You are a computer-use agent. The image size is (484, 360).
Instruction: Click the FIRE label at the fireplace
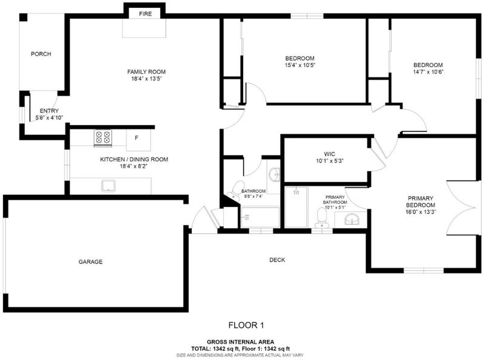tap(145, 14)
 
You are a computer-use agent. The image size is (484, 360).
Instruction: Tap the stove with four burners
tap(103, 137)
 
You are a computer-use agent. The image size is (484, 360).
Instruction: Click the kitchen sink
tap(108, 186)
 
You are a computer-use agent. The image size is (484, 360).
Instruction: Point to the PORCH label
tap(41, 54)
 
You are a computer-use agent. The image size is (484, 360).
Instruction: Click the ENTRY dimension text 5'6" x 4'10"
tap(50, 117)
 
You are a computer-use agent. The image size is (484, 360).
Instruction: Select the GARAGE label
tap(90, 262)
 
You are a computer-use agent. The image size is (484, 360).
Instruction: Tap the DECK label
tap(277, 260)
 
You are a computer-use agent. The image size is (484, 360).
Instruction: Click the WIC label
tap(329, 154)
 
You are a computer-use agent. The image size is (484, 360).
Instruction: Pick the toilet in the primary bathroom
tap(322, 218)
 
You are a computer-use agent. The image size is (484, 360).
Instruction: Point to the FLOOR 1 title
tap(246, 325)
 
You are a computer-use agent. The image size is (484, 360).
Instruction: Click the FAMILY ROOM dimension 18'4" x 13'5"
tap(146, 79)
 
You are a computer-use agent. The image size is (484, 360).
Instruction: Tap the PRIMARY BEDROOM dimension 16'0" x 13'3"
tap(420, 212)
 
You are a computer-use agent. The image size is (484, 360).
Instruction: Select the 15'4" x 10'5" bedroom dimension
tap(299, 65)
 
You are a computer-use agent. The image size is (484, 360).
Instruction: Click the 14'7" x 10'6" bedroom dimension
tap(428, 72)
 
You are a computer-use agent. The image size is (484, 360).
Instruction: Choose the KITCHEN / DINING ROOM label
tap(134, 159)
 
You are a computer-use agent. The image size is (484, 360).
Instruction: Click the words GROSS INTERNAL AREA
tap(240, 342)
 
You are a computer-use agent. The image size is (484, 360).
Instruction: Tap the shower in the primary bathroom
tap(296, 207)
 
